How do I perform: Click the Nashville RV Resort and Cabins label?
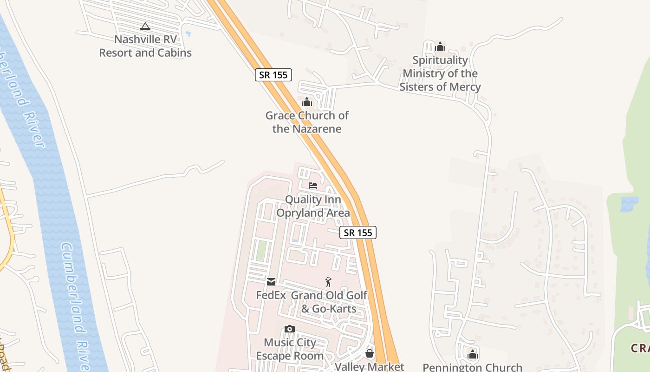(145, 46)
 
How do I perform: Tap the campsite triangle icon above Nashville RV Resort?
(145, 27)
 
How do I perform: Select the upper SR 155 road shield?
(273, 74)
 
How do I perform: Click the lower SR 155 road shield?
(358, 232)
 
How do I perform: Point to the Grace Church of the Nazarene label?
(307, 122)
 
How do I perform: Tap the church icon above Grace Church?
(307, 102)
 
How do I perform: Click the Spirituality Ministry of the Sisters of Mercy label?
(440, 73)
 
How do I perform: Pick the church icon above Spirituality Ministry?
(440, 47)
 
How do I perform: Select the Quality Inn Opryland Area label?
(313, 206)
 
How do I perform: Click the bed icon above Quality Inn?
(313, 186)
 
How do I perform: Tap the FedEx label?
(271, 295)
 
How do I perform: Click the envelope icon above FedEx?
(271, 281)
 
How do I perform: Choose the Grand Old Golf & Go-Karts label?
(329, 302)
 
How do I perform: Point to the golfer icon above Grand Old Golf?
(329, 282)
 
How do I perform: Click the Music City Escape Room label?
(290, 349)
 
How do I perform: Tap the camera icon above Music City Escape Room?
(290, 329)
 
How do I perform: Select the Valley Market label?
(370, 366)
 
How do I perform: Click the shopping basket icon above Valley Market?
(370, 354)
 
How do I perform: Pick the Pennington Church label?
(473, 367)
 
